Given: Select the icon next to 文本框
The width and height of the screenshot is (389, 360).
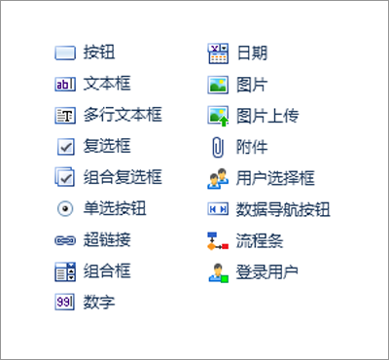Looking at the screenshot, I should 65,85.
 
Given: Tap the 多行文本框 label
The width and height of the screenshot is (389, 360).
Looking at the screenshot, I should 123,115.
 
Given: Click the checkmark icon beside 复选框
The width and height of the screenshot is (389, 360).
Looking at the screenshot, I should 65,147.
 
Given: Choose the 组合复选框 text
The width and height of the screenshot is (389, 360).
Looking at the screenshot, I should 123,177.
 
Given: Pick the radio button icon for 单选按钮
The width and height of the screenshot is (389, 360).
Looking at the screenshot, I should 65,209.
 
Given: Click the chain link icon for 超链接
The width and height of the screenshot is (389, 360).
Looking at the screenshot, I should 65,240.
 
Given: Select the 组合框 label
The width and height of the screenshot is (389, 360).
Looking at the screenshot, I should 105,271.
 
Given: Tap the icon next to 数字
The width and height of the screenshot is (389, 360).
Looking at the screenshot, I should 65,303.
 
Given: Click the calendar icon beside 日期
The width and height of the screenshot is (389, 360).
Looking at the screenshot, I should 218,53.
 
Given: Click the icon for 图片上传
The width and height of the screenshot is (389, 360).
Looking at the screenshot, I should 218,116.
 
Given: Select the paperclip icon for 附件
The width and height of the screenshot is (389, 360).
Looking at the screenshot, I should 218,147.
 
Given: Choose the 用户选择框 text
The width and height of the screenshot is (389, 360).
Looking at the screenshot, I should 276,177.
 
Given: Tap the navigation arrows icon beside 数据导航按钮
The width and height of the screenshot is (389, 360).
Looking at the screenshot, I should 218,209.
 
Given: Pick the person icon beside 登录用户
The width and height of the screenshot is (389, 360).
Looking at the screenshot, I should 218,272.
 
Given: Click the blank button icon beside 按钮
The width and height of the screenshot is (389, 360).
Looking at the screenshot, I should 65,54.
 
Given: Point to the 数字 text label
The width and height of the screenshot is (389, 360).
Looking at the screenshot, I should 99,303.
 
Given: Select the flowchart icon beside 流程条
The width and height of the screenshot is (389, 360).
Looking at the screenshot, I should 218,240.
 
